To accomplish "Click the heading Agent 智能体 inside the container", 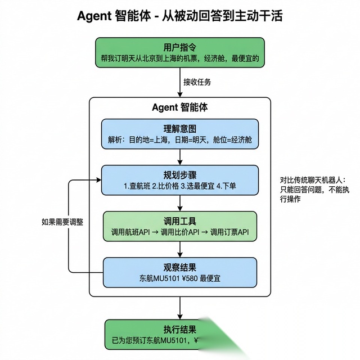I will coord(179,107).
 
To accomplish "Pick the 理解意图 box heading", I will coord(179,129).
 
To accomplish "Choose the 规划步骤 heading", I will coord(179,174).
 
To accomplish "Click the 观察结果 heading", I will coord(179,267).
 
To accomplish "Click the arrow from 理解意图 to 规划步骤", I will coord(180,157).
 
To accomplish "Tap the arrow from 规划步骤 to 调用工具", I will coord(180,203).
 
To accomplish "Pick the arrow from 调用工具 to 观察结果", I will coord(180,249).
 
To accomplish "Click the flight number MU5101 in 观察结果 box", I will coord(169,278).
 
